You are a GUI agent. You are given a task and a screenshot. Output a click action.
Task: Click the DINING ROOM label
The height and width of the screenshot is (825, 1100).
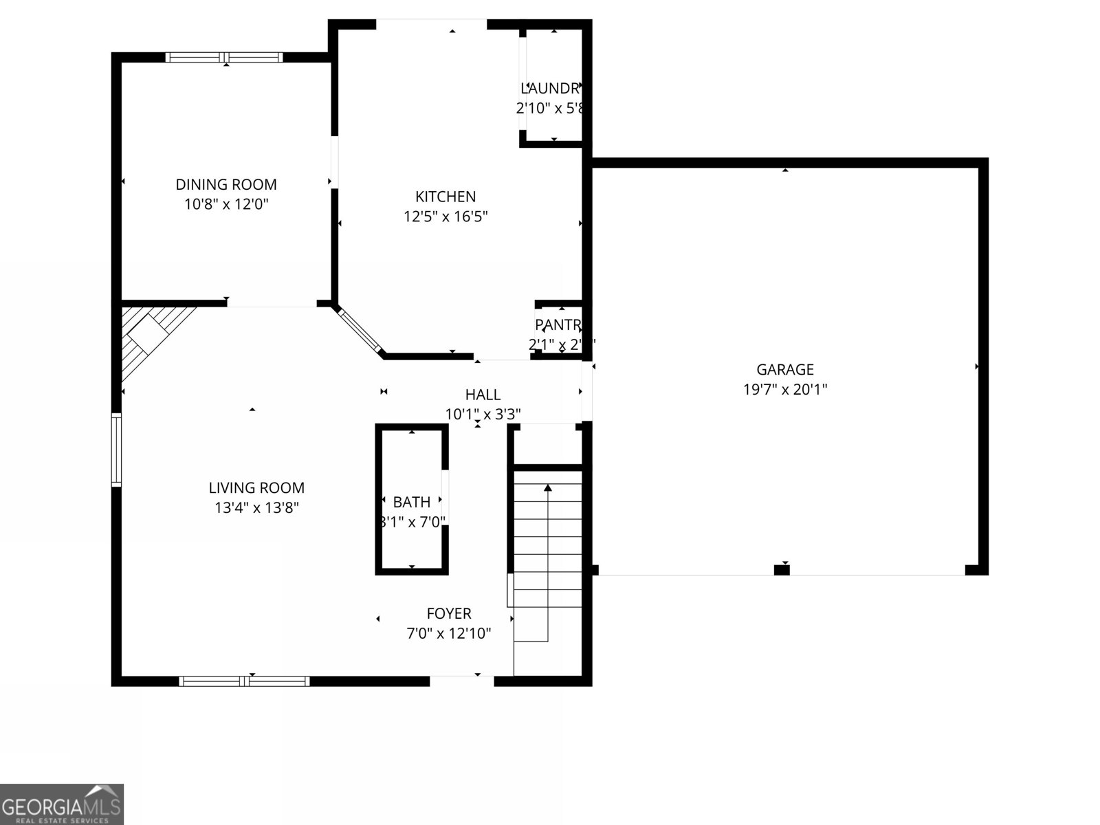tap(226, 184)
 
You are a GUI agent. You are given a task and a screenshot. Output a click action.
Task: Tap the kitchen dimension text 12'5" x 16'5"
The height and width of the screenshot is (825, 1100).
tap(445, 217)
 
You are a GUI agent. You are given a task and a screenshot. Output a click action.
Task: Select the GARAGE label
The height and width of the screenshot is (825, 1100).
tap(785, 369)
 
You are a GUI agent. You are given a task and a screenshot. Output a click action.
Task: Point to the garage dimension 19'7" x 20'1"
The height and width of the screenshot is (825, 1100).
tap(785, 389)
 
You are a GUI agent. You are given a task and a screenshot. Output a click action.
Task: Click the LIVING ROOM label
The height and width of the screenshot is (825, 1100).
tap(256, 487)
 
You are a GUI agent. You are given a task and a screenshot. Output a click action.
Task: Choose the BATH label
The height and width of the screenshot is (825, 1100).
tap(412, 502)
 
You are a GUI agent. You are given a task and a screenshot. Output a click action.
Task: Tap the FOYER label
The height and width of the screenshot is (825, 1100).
tap(449, 613)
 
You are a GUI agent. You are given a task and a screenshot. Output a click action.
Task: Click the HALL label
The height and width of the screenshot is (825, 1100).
tap(483, 395)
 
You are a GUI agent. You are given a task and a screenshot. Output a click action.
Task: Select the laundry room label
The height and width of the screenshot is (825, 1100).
tap(551, 88)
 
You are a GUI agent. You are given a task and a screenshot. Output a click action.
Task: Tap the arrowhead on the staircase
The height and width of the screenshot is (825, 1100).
tap(548, 487)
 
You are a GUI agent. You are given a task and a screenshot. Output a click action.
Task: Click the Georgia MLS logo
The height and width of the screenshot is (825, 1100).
tap(61, 804)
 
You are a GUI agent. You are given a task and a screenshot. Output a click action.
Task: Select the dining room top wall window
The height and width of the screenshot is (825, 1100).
tap(224, 58)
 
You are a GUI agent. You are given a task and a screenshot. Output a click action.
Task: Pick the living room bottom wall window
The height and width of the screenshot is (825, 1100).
tap(244, 681)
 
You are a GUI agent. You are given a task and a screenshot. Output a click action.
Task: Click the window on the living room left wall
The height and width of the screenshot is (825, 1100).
tap(117, 450)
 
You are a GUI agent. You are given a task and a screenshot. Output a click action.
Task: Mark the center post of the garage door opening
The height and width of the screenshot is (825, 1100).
tap(782, 569)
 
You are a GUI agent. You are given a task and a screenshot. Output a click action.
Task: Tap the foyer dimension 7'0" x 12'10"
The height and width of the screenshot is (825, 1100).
tap(449, 633)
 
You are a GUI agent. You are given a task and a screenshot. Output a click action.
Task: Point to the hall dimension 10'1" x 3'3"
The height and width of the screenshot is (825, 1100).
tap(483, 414)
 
